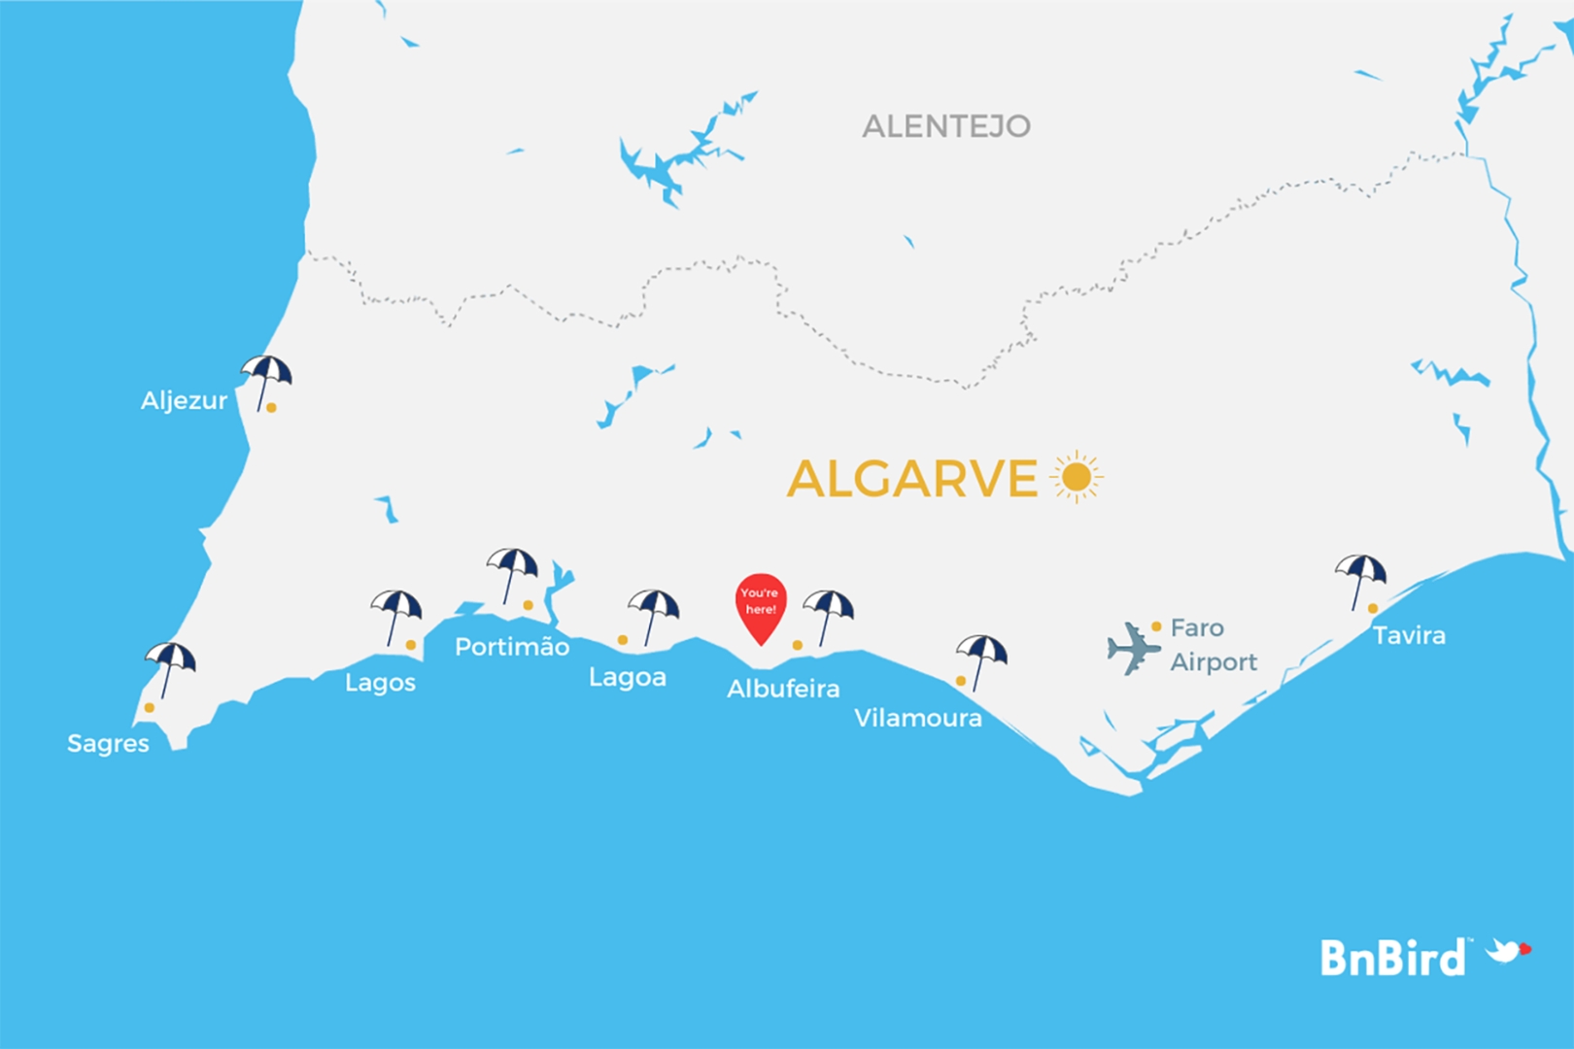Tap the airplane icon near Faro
point(1133,648)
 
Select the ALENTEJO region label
point(945,126)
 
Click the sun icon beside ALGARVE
point(1077,477)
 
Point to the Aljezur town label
point(184,400)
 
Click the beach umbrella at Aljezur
point(266,379)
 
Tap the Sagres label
point(108,743)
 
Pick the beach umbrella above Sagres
point(171,666)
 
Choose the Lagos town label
point(380,683)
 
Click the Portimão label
point(512,647)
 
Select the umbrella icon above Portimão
point(512,572)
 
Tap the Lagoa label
point(628,677)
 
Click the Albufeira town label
point(783,689)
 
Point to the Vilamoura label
point(918,718)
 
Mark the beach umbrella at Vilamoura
point(981,659)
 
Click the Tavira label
point(1409,635)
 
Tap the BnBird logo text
point(1392,958)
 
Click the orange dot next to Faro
point(1156,626)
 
